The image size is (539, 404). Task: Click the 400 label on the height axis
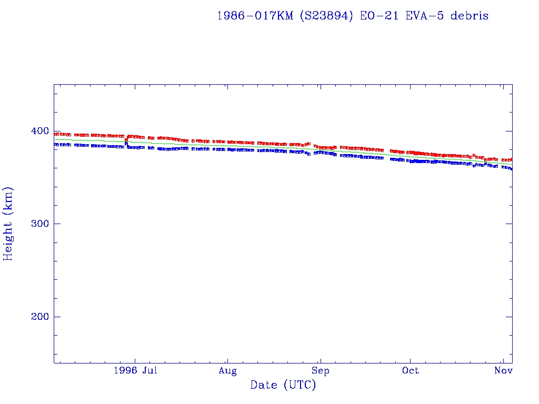coord(39,131)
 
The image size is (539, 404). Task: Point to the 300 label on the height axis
coord(39,224)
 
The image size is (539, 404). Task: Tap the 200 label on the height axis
coord(39,317)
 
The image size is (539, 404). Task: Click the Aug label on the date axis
coord(227,371)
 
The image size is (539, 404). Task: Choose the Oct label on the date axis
coord(411,371)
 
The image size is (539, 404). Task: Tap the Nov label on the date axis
coord(504,371)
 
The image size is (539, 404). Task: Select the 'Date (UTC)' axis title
coord(283,386)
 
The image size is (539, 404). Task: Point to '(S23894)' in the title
coord(327,16)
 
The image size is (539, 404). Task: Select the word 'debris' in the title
coord(470,16)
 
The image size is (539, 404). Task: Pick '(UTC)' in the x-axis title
coord(300,386)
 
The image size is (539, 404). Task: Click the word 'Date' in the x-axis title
coord(264,386)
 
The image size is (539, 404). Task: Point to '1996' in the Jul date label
coord(125,371)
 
